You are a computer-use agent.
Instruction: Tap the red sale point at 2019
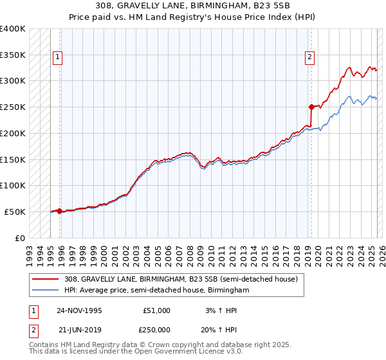pos(311,107)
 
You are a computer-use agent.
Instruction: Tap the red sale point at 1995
pos(59,211)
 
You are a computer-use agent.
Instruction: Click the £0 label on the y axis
pos(21,238)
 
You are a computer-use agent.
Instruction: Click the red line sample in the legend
pos(45,280)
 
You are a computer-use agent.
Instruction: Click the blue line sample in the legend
pos(45,291)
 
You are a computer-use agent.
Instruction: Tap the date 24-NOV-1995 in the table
pos(79,310)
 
